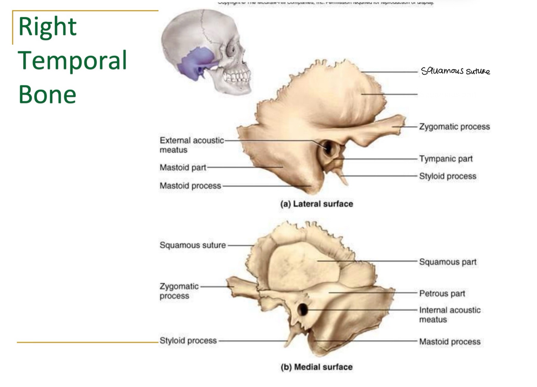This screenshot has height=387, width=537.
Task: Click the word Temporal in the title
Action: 72,61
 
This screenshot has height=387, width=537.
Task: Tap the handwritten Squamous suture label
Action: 455,71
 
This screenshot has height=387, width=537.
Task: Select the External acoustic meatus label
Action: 191,145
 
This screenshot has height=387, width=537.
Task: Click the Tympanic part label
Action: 446,159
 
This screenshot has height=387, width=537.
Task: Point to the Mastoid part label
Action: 183,168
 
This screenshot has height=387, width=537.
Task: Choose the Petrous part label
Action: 442,293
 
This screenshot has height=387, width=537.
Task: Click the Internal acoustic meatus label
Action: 449,315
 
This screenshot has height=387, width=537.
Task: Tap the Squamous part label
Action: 448,262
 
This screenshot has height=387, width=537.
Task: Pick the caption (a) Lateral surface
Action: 316,204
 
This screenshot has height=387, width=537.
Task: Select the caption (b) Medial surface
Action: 316,367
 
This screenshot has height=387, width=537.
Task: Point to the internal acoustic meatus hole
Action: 303,309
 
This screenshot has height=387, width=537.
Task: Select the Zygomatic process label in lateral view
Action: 454,127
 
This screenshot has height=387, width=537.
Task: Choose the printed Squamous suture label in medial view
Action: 193,245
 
